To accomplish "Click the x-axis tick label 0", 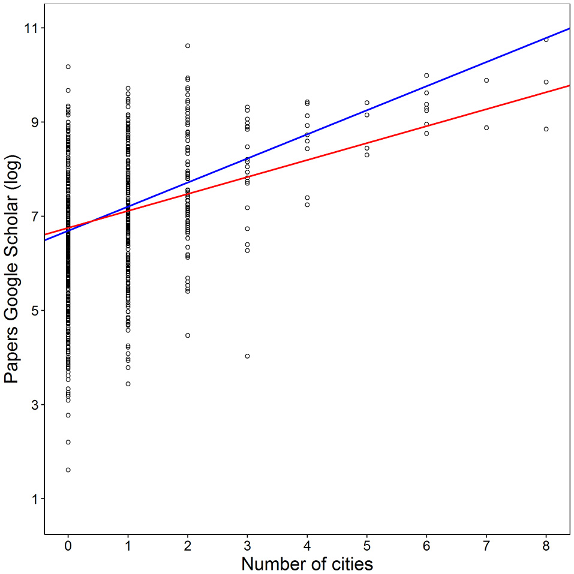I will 68,546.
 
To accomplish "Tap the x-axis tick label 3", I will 247,546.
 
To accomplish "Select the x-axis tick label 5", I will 366,546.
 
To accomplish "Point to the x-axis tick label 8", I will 546,546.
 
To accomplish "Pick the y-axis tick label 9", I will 32,122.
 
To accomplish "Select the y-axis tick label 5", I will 32,311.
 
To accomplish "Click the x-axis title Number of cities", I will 307,564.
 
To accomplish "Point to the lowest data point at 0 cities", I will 68,470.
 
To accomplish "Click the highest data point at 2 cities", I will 188,46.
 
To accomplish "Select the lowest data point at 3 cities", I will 247,356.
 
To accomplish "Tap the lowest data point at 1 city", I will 128,384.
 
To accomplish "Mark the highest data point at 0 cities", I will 68,67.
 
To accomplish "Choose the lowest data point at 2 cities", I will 188,335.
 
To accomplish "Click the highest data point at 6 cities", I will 426,76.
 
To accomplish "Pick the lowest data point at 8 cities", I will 546,129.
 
